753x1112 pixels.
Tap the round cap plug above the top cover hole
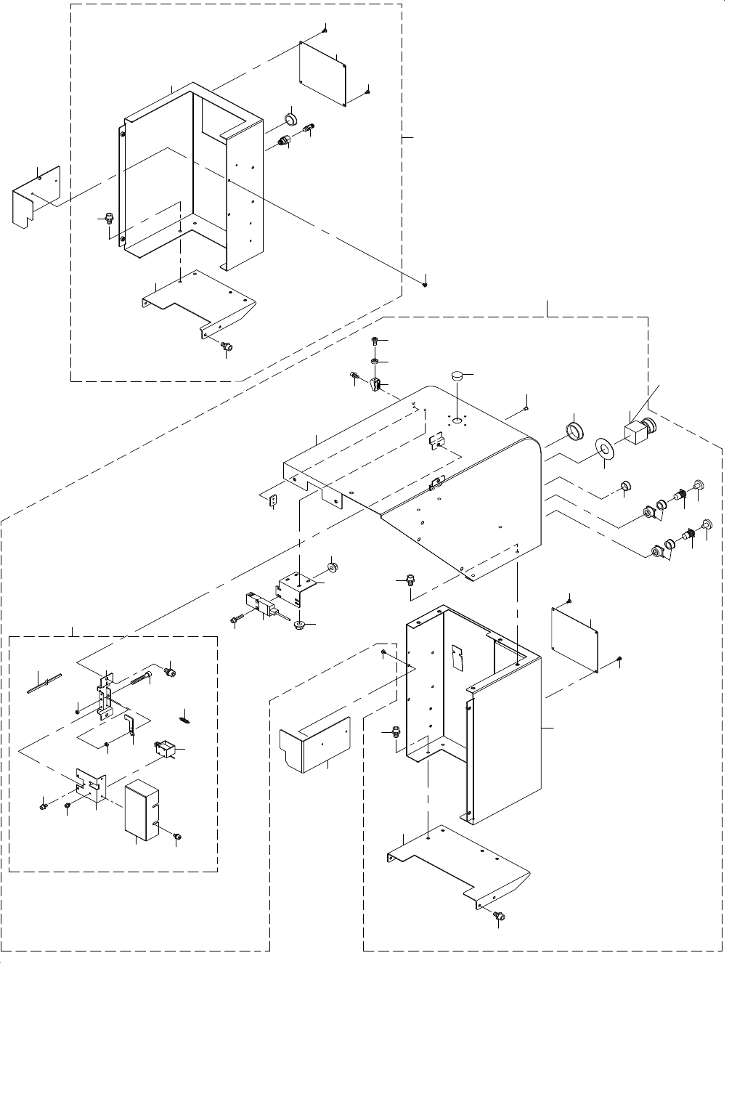click(457, 376)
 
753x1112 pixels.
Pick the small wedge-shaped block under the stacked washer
click(376, 383)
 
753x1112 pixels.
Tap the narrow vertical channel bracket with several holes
click(105, 694)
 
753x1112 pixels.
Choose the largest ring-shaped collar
click(574, 431)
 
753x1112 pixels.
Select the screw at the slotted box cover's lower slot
click(175, 837)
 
